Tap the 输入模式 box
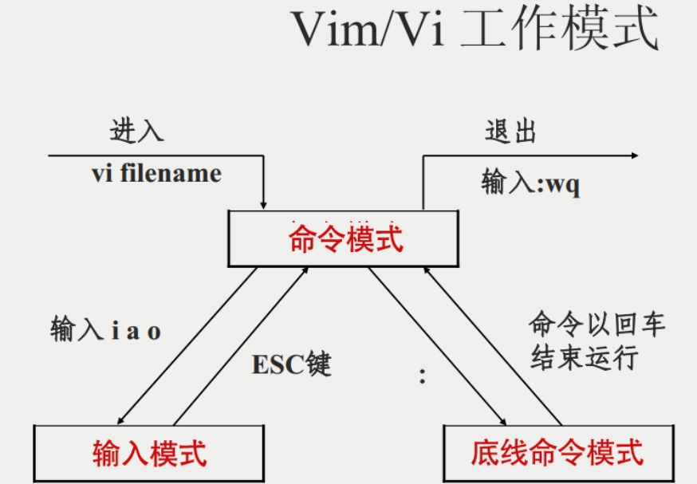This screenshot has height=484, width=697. point(149,454)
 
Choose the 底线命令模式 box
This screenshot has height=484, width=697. point(557,453)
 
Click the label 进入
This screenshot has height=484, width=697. point(137,130)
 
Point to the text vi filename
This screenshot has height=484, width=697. point(156,173)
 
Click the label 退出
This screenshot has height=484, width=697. point(511,132)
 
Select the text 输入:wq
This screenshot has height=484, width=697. point(531,183)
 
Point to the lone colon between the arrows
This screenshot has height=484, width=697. point(423,376)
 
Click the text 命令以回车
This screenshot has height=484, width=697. point(597,325)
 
